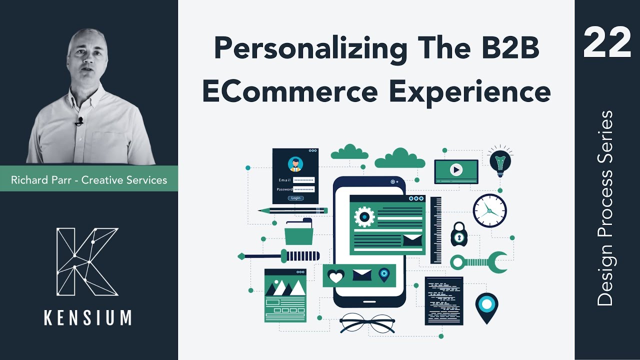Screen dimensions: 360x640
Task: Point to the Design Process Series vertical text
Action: coord(605,208)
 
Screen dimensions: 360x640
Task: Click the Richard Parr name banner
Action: coord(89,179)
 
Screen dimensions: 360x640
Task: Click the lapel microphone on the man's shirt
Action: coord(79,121)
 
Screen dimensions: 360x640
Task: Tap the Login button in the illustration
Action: coord(295,198)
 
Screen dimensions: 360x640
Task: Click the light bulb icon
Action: coord(500,161)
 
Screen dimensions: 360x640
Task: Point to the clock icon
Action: coord(490,210)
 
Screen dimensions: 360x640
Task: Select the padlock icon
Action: coord(459,234)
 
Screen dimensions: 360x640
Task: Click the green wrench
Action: coord(478,261)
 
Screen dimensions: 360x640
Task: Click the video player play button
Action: coord(455,169)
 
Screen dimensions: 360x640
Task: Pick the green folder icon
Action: coord(298,232)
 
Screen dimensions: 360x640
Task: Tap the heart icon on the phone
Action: coord(335,275)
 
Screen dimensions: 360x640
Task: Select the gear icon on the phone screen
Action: coord(364,216)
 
